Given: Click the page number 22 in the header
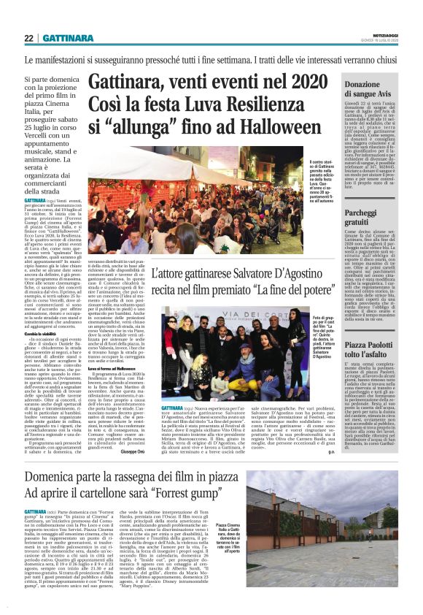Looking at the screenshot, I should click(x=29, y=38).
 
